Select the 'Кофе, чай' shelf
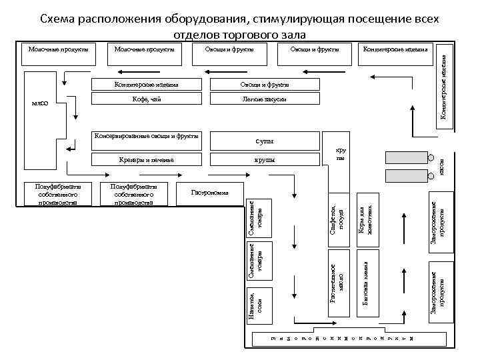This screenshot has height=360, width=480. tap(147, 99)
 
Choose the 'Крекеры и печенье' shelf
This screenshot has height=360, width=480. tap(147, 160)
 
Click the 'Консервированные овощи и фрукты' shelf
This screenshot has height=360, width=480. tap(147, 136)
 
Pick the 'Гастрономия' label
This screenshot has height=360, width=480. tap(210, 193)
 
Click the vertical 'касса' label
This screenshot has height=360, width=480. tap(441, 167)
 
